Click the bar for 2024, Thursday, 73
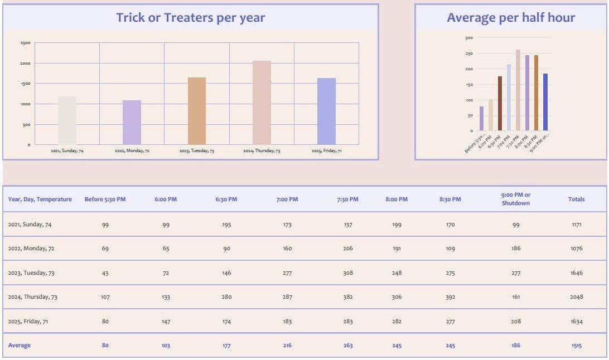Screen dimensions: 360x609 262,103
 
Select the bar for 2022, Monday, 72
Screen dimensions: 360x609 132,123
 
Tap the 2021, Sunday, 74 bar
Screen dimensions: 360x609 67,120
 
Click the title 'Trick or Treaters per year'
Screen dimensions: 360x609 190,17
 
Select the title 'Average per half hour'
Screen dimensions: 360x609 510,17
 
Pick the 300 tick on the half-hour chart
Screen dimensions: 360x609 469,38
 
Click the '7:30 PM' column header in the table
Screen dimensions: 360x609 348,199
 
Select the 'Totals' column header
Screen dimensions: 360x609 576,199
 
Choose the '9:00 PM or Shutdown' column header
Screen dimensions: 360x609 516,199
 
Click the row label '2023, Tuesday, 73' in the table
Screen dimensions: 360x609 32,273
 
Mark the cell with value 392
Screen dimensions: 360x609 450,297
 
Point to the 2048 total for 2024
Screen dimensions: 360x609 577,297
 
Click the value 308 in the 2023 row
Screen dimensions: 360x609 348,273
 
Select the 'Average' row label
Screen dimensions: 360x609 20,346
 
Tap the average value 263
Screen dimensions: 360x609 348,346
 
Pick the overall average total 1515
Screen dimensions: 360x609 577,346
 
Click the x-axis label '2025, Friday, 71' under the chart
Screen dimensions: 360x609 326,151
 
